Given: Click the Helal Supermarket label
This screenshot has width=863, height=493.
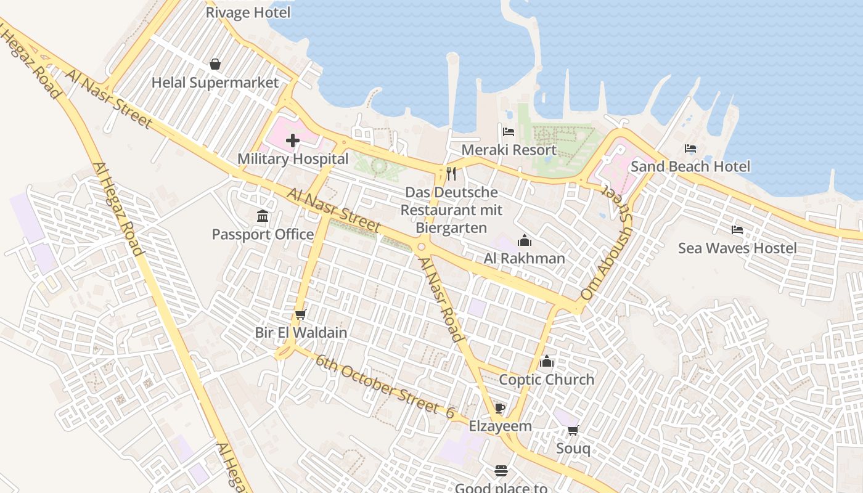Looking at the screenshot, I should click(x=215, y=83).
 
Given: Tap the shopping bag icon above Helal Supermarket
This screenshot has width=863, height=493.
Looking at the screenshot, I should click(x=215, y=64).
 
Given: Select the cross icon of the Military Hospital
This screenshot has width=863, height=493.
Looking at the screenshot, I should click(x=293, y=141).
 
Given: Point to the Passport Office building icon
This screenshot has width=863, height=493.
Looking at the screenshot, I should click(x=263, y=216).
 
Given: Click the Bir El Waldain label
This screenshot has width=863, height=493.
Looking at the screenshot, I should click(x=301, y=333).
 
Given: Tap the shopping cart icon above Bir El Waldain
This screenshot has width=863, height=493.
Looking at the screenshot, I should click(x=301, y=315).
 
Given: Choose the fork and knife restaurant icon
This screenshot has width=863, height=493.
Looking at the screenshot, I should click(x=451, y=174).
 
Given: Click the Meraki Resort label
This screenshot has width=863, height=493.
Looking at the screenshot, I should click(x=509, y=150).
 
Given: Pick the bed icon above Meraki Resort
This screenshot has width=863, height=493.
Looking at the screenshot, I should click(x=509, y=132).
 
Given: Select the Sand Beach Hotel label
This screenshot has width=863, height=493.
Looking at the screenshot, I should click(x=690, y=166).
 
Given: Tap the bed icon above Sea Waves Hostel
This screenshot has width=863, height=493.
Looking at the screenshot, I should click(x=737, y=230).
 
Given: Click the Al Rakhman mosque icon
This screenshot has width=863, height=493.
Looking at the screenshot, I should click(x=525, y=240).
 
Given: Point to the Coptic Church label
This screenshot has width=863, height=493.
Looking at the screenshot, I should click(x=546, y=380).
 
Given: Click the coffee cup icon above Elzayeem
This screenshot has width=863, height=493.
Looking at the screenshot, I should click(x=500, y=408).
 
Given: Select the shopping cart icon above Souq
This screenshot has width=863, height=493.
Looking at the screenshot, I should click(x=573, y=430).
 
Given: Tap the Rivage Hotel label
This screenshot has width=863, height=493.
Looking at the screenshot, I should click(x=247, y=12).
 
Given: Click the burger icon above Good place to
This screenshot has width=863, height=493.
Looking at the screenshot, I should click(x=501, y=471).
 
